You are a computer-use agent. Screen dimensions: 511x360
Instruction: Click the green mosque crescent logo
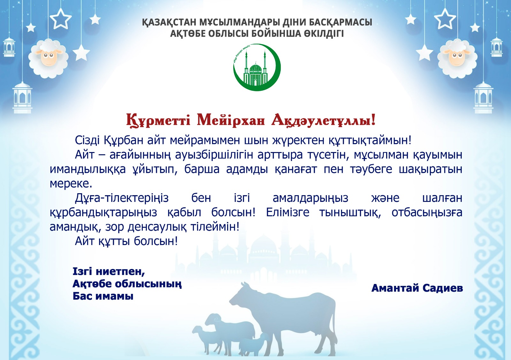[x=257, y=67]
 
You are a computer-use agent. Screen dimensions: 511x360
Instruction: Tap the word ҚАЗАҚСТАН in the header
[x=169, y=22]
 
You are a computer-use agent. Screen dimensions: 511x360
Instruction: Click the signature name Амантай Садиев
[x=417, y=288]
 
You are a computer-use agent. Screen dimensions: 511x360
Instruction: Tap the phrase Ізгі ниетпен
[x=109, y=272]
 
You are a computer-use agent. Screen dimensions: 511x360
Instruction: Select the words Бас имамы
[x=103, y=296]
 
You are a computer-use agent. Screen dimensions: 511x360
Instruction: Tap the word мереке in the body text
[x=71, y=184]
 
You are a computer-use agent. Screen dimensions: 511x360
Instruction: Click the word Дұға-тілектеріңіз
[x=122, y=198]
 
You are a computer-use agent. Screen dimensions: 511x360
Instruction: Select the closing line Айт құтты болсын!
[x=126, y=241]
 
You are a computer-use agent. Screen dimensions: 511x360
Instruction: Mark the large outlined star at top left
[x=61, y=19]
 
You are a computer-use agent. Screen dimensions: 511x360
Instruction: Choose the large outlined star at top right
[x=445, y=19]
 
